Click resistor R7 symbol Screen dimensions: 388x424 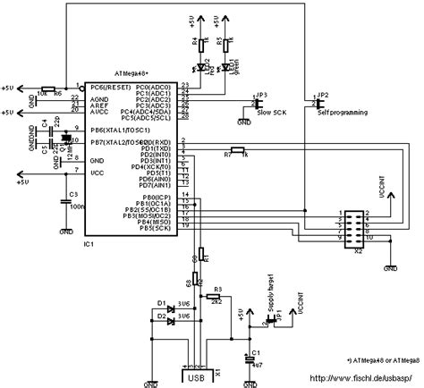237,149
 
